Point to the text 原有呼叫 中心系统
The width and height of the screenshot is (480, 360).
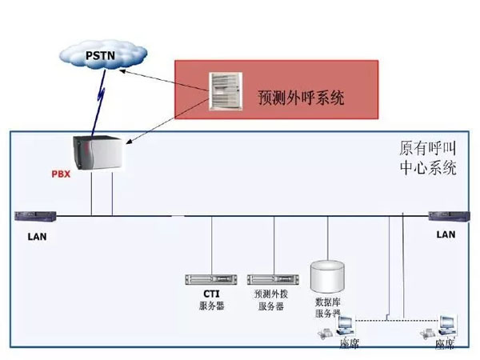pyautogui.click(x=428, y=159)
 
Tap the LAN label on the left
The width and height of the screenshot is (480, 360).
pyautogui.click(x=37, y=236)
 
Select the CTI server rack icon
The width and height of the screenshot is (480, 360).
pyautogui.click(x=212, y=279)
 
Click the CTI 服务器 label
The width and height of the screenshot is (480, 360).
pyautogui.click(x=212, y=300)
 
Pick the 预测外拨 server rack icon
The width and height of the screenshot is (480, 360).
pyautogui.click(x=269, y=279)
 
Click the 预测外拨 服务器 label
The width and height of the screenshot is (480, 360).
pyautogui.click(x=270, y=300)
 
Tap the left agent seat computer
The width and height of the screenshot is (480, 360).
pyautogui.click(x=346, y=327)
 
